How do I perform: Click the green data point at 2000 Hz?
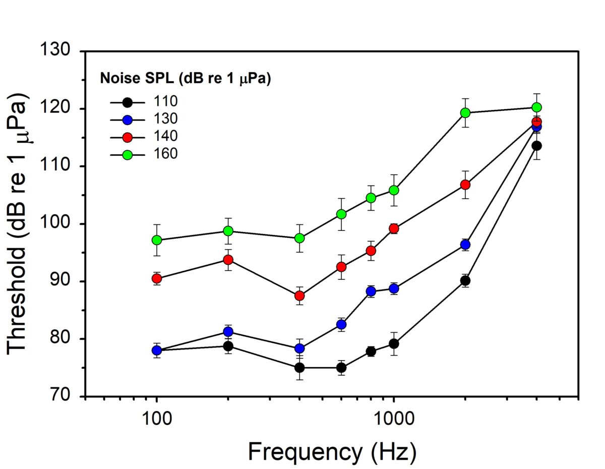click(x=465, y=112)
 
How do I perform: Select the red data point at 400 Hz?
click(x=299, y=296)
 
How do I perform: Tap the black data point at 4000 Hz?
click(x=537, y=146)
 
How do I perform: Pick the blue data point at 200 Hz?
click(x=228, y=331)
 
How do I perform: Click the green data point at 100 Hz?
click(x=157, y=240)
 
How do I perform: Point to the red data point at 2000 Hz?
click(x=465, y=185)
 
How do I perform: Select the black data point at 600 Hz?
click(x=341, y=368)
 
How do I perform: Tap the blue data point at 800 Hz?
click(x=371, y=291)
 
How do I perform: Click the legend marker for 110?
click(x=128, y=102)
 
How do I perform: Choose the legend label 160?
click(x=166, y=154)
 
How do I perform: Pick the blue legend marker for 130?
click(x=128, y=120)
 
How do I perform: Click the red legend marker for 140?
click(x=128, y=137)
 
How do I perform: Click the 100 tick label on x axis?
click(x=157, y=418)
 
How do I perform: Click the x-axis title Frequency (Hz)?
click(x=332, y=452)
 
